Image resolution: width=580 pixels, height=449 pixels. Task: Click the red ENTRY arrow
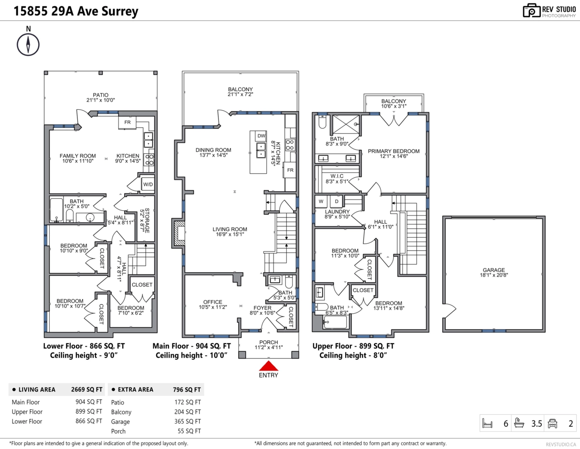tap(269, 366)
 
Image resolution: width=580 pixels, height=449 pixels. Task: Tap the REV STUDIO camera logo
tap(531, 11)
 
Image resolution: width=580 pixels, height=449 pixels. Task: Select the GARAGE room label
tap(494, 270)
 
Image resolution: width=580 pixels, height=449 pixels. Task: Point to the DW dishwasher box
tap(261, 136)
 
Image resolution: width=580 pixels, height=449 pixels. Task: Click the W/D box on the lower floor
tap(148, 184)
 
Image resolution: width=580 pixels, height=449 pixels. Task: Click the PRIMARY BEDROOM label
tap(394, 151)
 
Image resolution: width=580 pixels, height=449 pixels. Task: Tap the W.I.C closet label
tap(337, 176)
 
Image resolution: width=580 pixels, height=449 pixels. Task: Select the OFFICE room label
tap(213, 302)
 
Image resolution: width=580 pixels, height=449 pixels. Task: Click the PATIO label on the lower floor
tap(101, 95)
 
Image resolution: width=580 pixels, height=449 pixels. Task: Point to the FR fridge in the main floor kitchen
tap(290, 170)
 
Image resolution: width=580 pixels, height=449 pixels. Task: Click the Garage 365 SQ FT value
tap(188, 421)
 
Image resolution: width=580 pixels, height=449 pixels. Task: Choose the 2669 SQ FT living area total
tap(87, 390)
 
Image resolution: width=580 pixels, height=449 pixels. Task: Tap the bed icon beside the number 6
tap(487, 423)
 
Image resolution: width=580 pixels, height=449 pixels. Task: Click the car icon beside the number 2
tap(552, 423)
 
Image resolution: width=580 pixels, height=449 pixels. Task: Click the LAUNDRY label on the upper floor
tap(337, 212)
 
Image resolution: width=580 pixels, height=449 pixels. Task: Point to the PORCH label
tap(269, 342)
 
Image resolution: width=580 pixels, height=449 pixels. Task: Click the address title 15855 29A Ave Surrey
tap(76, 11)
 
